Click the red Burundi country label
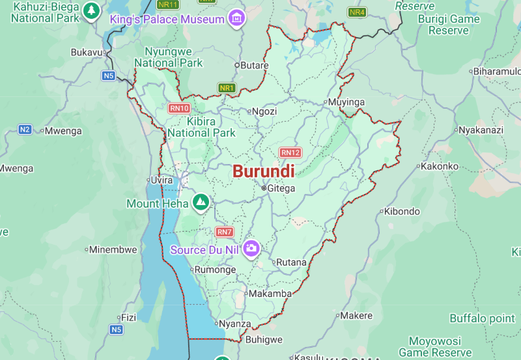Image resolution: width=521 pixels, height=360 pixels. [263, 171]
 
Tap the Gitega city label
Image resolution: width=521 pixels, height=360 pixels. [281, 188]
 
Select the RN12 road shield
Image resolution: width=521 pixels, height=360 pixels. [290, 152]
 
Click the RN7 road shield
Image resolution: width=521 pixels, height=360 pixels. [224, 232]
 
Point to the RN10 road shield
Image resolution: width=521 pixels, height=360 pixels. [179, 108]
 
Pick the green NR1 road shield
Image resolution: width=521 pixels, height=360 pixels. [227, 88]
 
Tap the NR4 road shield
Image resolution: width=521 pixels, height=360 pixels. [357, 12]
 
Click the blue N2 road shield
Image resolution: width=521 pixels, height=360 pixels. [25, 130]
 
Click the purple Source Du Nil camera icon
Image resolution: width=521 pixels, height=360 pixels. [251, 248]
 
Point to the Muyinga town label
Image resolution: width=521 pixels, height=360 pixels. [346, 102]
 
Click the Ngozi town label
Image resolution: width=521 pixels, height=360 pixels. [264, 111]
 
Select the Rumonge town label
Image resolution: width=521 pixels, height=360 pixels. [216, 270]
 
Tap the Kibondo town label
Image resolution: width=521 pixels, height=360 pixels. [402, 212]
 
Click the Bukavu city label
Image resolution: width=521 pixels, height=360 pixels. [87, 52]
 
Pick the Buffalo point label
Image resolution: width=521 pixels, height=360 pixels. [482, 318]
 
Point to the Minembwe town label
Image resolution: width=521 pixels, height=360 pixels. [113, 249]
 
